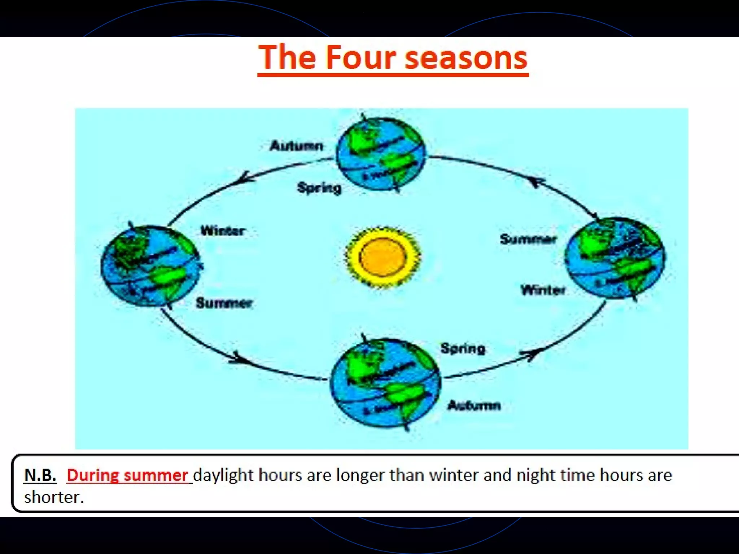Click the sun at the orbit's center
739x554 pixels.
[383, 257]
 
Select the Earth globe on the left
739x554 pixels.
[150, 266]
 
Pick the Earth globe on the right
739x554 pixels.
[615, 258]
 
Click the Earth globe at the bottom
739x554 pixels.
[385, 383]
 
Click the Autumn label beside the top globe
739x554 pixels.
[296, 146]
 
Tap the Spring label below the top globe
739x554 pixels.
[319, 188]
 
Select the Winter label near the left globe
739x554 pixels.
[223, 231]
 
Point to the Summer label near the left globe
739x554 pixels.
[224, 303]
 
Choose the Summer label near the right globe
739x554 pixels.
[528, 239]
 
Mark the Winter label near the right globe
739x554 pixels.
[543, 290]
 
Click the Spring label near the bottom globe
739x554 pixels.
[463, 348]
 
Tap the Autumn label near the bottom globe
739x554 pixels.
[474, 406]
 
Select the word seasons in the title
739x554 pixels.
[466, 58]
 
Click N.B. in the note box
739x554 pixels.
[40, 475]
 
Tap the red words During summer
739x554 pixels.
[127, 475]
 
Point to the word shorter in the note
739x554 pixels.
[54, 497]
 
